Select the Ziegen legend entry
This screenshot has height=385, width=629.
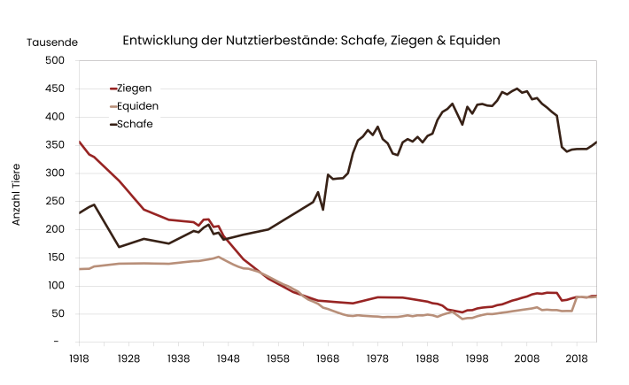[x=134, y=88]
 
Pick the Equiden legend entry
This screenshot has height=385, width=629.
[x=137, y=105]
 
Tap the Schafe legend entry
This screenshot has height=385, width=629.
[x=135, y=123]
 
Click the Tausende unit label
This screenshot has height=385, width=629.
[x=52, y=42]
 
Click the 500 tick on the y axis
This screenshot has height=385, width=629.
[x=55, y=60]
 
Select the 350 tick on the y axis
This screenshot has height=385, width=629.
[x=55, y=145]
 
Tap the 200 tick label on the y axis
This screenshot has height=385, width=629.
[x=55, y=229]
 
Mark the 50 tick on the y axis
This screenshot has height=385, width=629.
[x=58, y=313]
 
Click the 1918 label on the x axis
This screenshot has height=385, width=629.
[x=79, y=358]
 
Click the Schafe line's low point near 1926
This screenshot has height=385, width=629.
[x=120, y=247]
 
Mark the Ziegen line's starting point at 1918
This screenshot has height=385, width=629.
[x=80, y=142]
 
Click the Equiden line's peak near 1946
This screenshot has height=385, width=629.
[x=219, y=257]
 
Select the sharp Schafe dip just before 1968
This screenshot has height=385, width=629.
[x=322, y=209]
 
